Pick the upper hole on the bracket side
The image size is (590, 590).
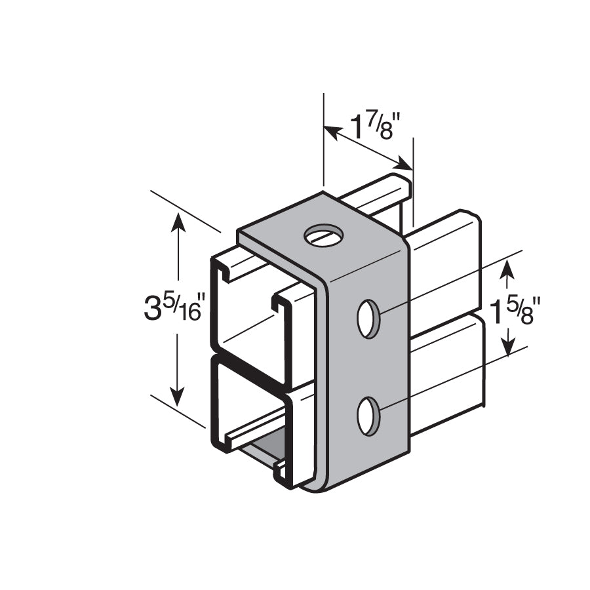pos(368,319)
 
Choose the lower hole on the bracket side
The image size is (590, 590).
pos(368,416)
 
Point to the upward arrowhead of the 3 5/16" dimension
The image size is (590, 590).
pos(177,220)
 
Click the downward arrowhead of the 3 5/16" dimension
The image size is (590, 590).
pos(177,399)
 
